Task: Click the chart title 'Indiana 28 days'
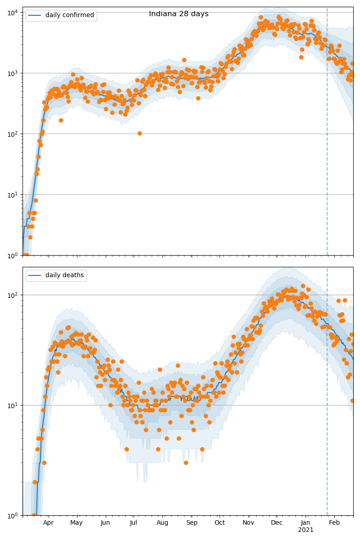tap(179, 14)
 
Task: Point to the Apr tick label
tap(48, 522)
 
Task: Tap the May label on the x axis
tap(76, 522)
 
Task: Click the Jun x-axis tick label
tap(105, 522)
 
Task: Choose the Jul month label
tap(133, 522)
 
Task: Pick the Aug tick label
tap(162, 522)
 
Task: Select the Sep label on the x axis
tap(192, 522)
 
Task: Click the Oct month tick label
tap(220, 522)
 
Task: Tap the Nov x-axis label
tap(248, 522)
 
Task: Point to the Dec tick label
tap(277, 522)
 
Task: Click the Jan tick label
tap(306, 522)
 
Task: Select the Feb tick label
tap(334, 522)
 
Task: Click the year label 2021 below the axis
tap(306, 530)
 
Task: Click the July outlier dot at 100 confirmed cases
tap(139, 133)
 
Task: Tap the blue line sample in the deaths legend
tap(35, 275)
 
